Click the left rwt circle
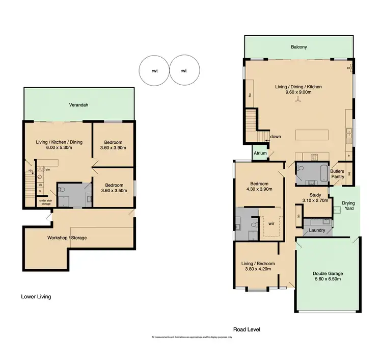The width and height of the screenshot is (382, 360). click(154, 70)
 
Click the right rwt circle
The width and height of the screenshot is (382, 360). click(183, 70)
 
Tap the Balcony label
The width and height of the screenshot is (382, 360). click(298, 47)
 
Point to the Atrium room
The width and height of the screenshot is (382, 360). click(260, 153)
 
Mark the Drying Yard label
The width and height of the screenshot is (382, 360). click(348, 206)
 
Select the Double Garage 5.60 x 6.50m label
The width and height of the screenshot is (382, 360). click(328, 276)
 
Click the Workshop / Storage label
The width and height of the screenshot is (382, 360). click(67, 238)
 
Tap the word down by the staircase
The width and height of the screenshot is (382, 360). click(276, 137)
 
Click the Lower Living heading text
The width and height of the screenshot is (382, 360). click(36, 296)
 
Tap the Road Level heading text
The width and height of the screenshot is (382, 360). click(247, 330)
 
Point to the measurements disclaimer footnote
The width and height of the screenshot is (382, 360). click(192, 338)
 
